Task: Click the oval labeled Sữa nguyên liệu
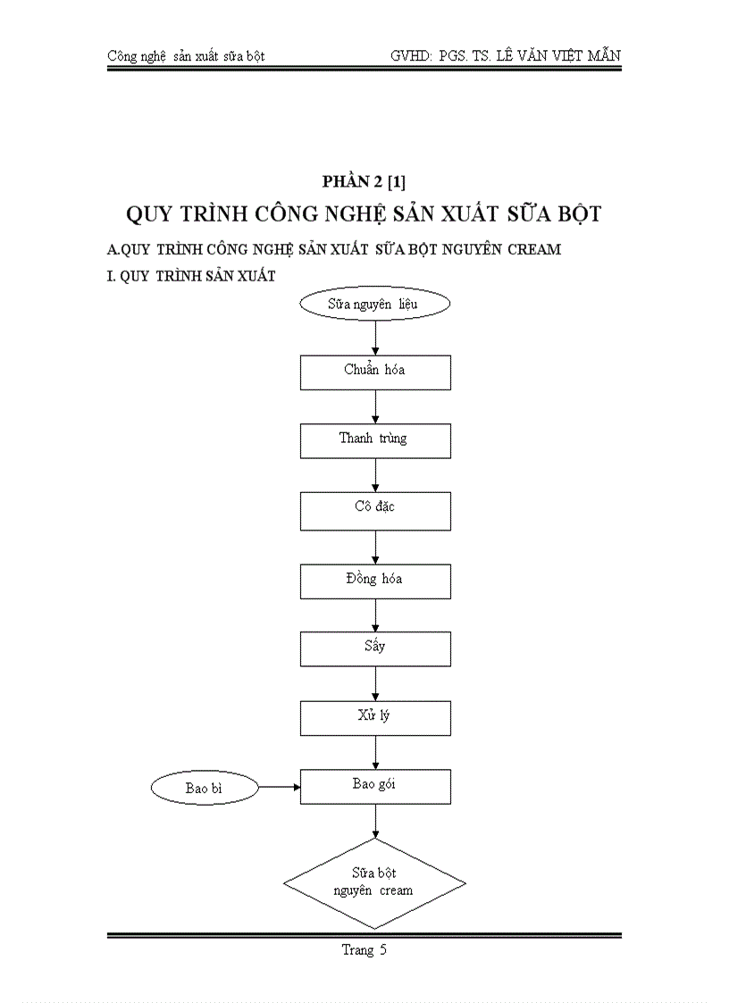[374, 304]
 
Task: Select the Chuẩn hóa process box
[375, 372]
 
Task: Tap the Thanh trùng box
[375, 440]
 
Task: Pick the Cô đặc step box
[375, 510]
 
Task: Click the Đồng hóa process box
[375, 581]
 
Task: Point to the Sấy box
[375, 648]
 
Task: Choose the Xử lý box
[375, 718]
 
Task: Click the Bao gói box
[375, 787]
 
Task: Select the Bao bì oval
[205, 788]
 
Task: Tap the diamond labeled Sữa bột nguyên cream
[374, 882]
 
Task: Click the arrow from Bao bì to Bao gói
[279, 788]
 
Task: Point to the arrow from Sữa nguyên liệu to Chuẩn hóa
[375, 337]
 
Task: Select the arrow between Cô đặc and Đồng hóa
[375, 546]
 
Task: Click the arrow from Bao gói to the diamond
[375, 821]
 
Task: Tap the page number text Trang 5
[364, 950]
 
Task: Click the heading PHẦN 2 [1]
[364, 182]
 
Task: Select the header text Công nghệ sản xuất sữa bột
[185, 56]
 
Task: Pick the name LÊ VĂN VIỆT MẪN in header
[554, 56]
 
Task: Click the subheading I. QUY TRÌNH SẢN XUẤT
[190, 276]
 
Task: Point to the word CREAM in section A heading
[534, 249]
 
